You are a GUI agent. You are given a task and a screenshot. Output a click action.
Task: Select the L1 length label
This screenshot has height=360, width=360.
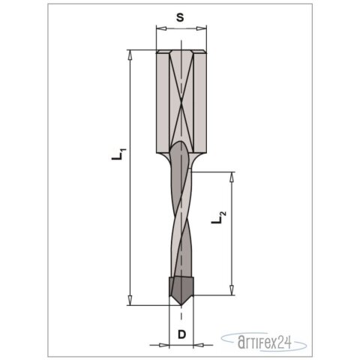(118, 155)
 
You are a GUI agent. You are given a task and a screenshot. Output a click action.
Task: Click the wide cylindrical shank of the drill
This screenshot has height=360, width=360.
(180, 101)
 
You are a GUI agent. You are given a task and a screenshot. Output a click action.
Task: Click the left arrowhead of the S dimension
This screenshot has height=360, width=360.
(159, 28)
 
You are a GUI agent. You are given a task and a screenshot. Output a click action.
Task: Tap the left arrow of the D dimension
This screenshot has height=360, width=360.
(160, 345)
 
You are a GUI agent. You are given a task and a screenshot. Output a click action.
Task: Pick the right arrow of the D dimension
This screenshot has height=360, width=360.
(200, 345)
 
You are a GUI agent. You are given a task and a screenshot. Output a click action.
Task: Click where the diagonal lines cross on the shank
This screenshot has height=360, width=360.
(180, 100)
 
